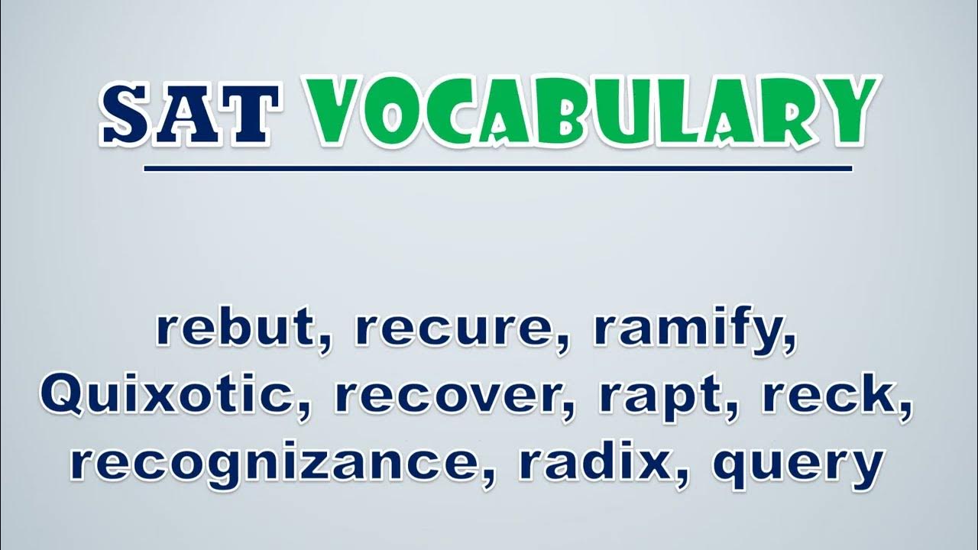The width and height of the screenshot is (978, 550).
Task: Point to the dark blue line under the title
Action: click(x=498, y=169)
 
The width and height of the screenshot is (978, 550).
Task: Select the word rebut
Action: click(x=240, y=328)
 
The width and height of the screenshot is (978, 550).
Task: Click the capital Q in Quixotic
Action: click(x=66, y=395)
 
